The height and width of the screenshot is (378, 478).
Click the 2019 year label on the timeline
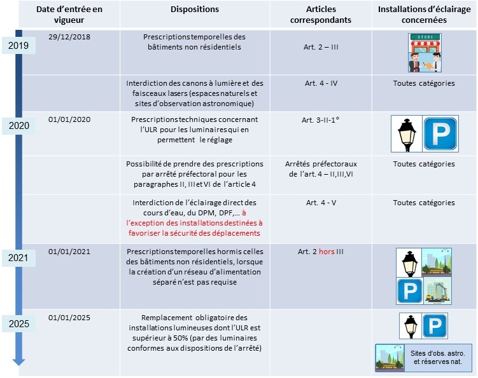point(18,46)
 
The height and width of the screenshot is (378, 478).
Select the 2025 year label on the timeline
point(18,325)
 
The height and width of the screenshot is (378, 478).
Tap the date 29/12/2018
point(69,37)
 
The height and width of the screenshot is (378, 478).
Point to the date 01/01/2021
point(69,252)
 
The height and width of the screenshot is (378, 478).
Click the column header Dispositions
point(195,10)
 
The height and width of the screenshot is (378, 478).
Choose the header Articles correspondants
point(322,15)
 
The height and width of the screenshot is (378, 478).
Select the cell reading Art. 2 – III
point(322,47)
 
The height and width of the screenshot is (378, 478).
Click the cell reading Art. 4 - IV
point(322,83)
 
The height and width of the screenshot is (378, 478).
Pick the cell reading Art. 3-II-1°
point(322,120)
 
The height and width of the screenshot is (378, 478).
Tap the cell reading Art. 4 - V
point(322,203)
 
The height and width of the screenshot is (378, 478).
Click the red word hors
point(327,252)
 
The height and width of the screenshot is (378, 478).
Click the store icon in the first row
point(425,52)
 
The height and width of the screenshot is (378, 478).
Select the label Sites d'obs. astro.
point(439,353)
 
